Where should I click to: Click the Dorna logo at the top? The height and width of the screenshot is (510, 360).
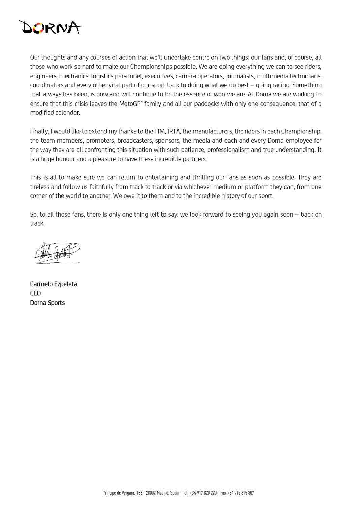(x=51, y=27)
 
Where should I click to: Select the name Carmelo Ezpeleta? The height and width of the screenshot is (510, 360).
(x=54, y=284)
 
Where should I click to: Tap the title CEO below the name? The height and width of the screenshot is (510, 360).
(x=35, y=293)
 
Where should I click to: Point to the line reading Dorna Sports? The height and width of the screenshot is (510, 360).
(x=48, y=303)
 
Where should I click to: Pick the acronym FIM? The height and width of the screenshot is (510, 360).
(x=159, y=131)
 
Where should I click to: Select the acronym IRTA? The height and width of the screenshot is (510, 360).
(x=173, y=131)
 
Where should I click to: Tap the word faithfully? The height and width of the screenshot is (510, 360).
(x=93, y=187)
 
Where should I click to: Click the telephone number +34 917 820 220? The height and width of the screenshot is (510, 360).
(x=203, y=493)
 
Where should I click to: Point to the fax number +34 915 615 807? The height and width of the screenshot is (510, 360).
(x=241, y=493)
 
